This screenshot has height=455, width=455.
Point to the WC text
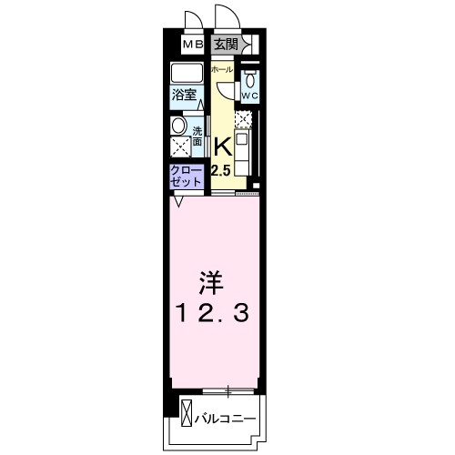(x=250, y=94)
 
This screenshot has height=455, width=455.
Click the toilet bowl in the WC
(x=250, y=78)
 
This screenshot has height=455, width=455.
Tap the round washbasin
(x=178, y=126)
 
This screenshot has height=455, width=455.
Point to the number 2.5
(x=222, y=169)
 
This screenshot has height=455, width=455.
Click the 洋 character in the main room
(x=210, y=278)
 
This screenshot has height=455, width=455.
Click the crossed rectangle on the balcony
(x=187, y=413)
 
